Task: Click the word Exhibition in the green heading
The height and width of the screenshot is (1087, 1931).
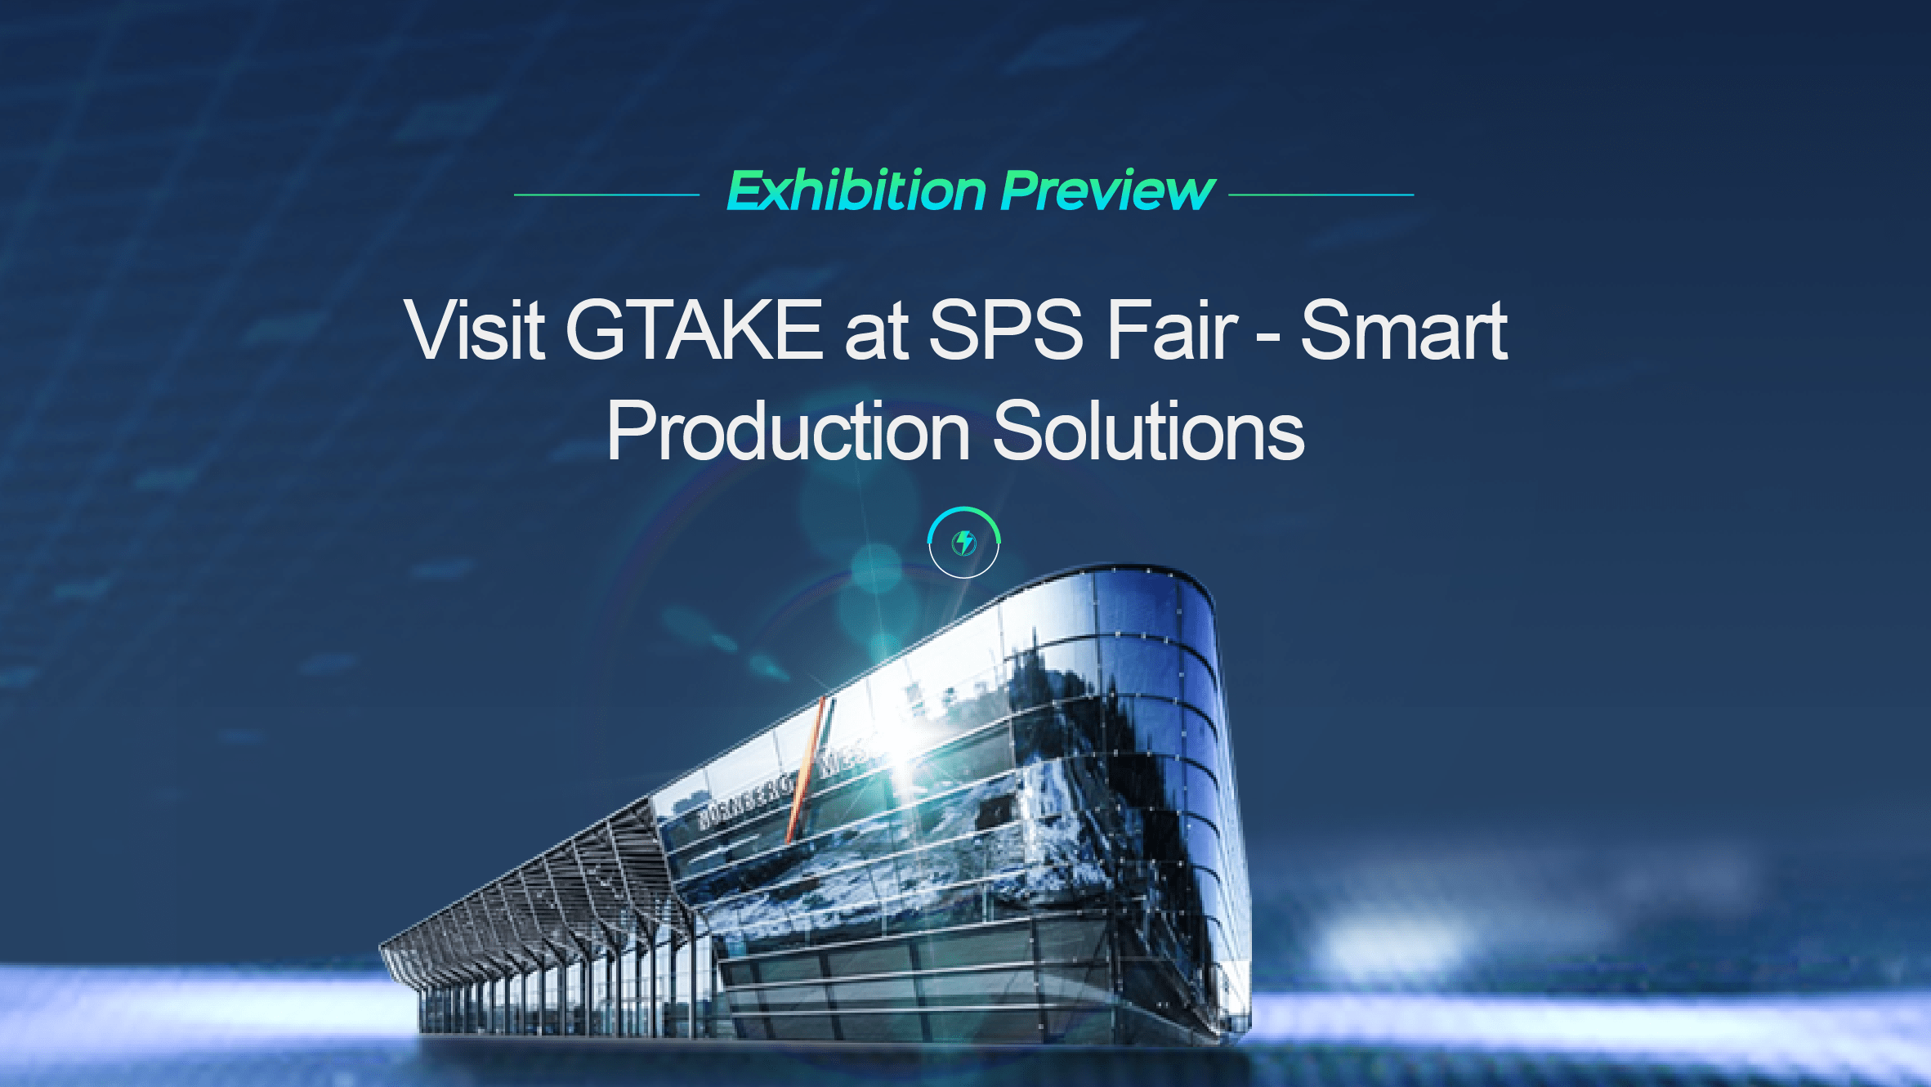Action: [856, 191]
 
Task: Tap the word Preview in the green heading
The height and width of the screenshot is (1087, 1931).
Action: [1107, 191]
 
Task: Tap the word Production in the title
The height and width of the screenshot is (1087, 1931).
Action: [788, 431]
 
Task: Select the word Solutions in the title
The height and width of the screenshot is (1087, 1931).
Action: [1148, 431]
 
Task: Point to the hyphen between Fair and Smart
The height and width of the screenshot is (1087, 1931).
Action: [1267, 335]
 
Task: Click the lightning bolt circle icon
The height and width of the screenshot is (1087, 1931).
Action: [964, 543]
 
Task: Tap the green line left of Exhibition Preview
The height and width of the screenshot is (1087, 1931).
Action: [606, 195]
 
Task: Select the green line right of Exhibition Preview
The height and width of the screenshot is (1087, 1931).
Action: [1321, 195]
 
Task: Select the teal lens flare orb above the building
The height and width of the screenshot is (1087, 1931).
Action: [876, 567]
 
